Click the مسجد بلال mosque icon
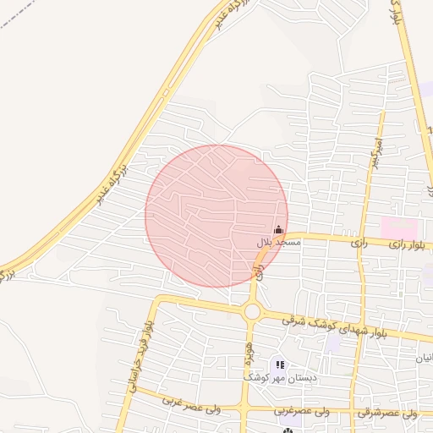tap(278, 229)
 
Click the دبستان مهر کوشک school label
tap(280, 378)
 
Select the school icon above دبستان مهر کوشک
tap(280, 364)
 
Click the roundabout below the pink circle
tap(252, 312)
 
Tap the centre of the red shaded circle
tap(216, 216)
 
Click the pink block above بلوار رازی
tap(399, 227)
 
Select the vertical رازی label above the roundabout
tap(257, 271)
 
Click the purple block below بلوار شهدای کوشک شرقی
tap(334, 345)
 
